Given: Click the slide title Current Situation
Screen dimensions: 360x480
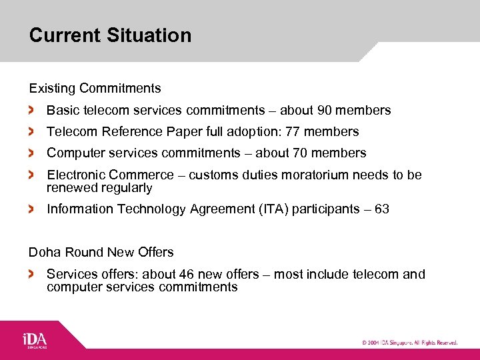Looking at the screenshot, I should click(110, 35).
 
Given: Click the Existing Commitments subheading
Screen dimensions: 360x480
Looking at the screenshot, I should click(95, 88).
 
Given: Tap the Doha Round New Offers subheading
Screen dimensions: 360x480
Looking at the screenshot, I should click(101, 252).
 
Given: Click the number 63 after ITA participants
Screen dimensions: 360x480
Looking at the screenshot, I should click(382, 209).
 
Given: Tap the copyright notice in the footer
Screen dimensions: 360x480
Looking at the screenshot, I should click(409, 343).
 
